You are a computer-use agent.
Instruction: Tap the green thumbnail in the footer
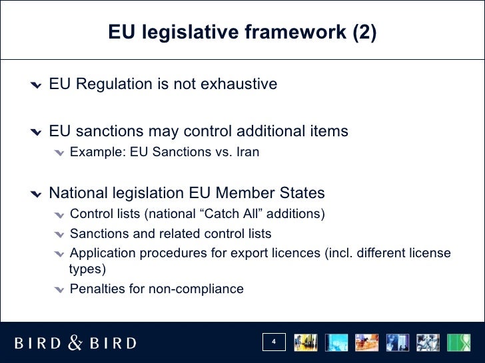point(458,342)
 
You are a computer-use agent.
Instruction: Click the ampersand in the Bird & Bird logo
point(75,342)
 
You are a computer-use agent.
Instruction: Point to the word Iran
point(247,152)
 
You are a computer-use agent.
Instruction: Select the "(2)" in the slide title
point(364,33)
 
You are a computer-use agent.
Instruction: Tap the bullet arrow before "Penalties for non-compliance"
point(60,290)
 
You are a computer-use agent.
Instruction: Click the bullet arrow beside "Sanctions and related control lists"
point(60,235)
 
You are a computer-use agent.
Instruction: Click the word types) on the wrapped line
point(87,269)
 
